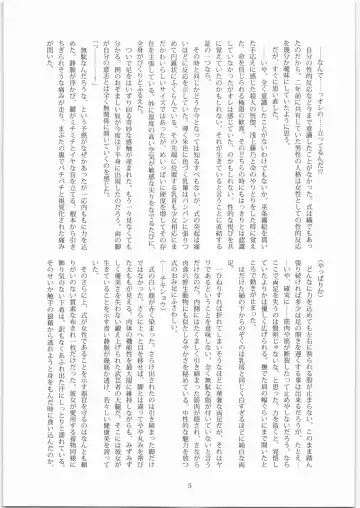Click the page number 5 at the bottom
tap(180, 487)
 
